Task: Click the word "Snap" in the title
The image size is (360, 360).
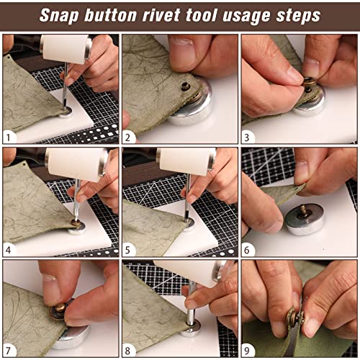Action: [59, 16]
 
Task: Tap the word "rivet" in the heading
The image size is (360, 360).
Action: [161, 15]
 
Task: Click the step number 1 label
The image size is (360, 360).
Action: [9, 138]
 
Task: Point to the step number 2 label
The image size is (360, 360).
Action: [127, 138]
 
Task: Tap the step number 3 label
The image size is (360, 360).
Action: [247, 138]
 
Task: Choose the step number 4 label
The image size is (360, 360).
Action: [9, 250]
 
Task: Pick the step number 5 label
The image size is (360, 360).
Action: [127, 250]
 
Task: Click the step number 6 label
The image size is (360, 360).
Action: [247, 250]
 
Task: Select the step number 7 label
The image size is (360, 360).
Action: [9, 351]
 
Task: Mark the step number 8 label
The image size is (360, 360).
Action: [127, 351]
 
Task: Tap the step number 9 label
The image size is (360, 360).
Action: [247, 351]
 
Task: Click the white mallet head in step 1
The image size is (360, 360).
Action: [66, 49]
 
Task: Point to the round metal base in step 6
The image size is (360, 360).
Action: [305, 219]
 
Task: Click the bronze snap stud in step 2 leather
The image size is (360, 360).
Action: [186, 86]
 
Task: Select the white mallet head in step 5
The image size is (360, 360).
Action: [186, 161]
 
